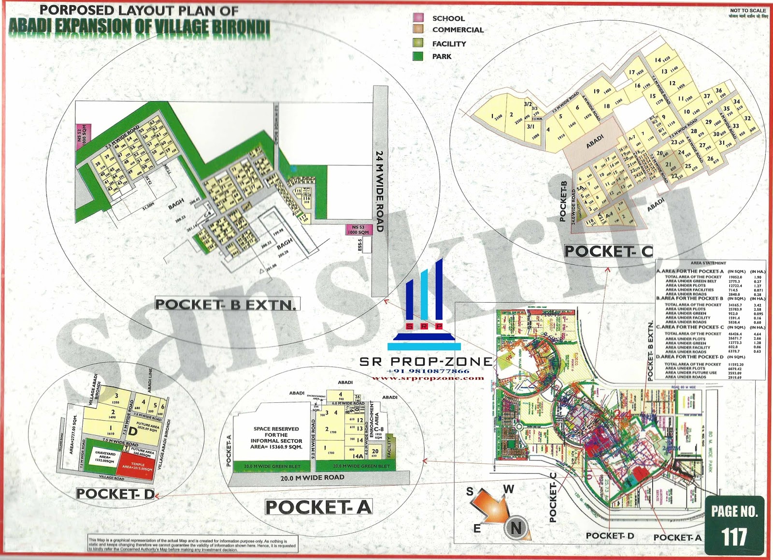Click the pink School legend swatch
coord(418,18)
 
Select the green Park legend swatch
coord(418,56)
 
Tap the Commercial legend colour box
coord(418,29)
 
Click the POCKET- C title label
coord(608,251)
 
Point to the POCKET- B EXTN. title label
coord(226,305)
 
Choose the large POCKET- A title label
coord(319,507)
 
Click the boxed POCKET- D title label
coord(115,494)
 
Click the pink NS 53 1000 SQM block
coord(358,229)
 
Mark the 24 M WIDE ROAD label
coord(380,191)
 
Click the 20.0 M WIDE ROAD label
coord(312,478)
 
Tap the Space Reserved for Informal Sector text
coord(276,438)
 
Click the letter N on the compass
coord(515,528)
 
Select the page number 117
coord(734,537)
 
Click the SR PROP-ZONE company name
coord(426,362)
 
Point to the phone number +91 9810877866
coord(428,371)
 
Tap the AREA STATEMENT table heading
coord(708,263)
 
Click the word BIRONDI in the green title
coord(240,28)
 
